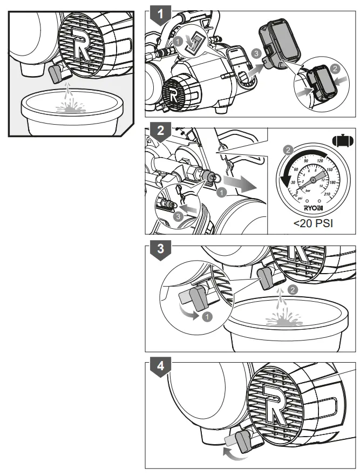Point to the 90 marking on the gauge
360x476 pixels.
[305, 161]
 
